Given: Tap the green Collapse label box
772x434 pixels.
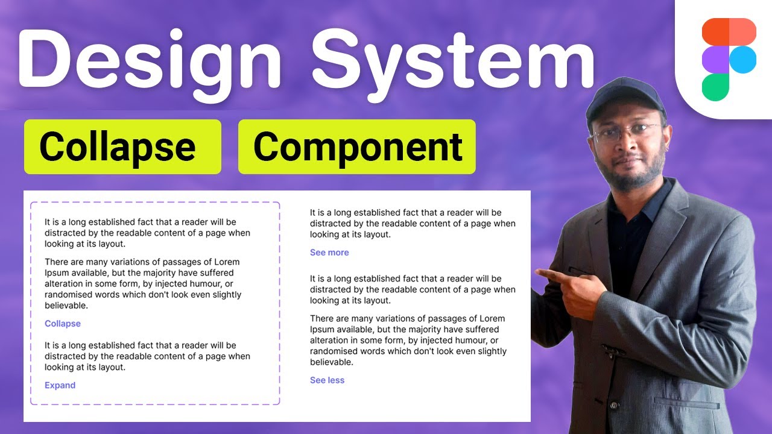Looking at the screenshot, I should coord(122,146).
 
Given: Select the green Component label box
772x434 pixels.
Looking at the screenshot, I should coord(357,146).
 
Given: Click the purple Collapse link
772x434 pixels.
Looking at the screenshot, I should coord(63,324).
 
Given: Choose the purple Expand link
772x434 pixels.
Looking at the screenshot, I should coord(60,385).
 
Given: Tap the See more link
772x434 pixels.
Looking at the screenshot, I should coord(329,253).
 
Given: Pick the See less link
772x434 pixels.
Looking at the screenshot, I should coord(327,380).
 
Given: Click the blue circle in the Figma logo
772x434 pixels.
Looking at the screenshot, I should coord(742,59).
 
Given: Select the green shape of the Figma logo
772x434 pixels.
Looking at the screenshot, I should coord(715,87).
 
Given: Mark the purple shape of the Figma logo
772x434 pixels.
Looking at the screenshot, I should coord(716,59).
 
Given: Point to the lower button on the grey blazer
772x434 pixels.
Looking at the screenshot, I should coord(613,405).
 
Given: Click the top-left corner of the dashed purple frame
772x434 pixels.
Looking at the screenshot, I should coord(32,203).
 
